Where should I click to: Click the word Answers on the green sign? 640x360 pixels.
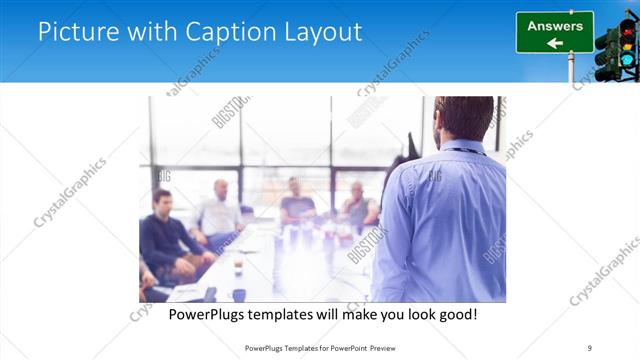555,26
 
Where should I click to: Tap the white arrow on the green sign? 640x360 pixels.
554,43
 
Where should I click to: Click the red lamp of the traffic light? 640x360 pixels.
627,26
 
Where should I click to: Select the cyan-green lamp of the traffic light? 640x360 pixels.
627,60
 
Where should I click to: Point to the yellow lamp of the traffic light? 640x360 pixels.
627,43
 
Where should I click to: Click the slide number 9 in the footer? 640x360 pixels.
589,347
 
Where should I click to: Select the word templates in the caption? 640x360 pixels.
295,314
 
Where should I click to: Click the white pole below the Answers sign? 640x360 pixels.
571,68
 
